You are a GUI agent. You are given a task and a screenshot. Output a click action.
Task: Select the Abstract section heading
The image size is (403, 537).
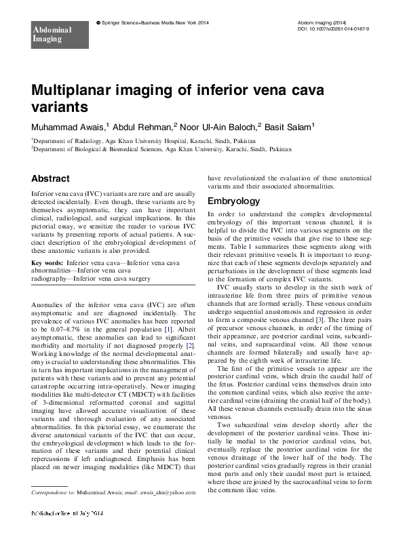pos(50,178)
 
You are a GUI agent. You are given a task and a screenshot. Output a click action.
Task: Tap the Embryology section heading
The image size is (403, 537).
pos(233,201)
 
